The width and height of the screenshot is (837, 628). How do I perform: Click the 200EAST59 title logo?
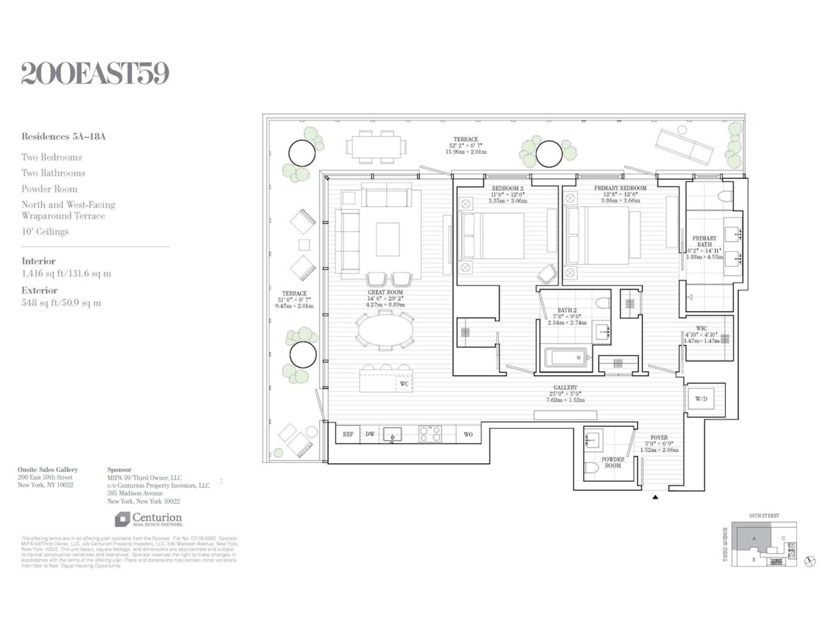click(x=95, y=73)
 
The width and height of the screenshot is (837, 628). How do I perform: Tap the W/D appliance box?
click(x=701, y=399)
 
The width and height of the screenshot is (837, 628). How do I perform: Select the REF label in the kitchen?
click(x=348, y=434)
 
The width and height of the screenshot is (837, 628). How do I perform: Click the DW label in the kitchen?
click(x=370, y=434)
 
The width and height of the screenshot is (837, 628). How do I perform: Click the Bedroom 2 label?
click(x=507, y=188)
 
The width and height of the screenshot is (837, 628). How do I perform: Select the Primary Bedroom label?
click(x=620, y=188)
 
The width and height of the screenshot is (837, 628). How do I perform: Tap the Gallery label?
click(x=565, y=387)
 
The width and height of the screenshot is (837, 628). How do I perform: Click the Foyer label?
click(x=659, y=438)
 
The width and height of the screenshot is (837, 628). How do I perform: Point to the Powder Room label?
click(x=612, y=462)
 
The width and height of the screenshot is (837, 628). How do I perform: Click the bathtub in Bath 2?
click(x=566, y=359)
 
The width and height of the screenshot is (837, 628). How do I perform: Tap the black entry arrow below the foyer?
click(x=655, y=497)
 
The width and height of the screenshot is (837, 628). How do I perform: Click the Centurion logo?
click(x=148, y=519)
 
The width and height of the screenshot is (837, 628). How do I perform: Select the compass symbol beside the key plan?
click(x=810, y=561)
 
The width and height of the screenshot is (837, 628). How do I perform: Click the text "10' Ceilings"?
click(x=45, y=232)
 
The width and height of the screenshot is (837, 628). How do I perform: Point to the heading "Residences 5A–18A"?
click(x=63, y=136)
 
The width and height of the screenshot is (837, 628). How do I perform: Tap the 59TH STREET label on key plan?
click(x=764, y=516)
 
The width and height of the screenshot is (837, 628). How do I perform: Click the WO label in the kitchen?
click(x=468, y=434)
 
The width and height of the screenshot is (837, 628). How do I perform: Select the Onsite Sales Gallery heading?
click(x=48, y=469)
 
